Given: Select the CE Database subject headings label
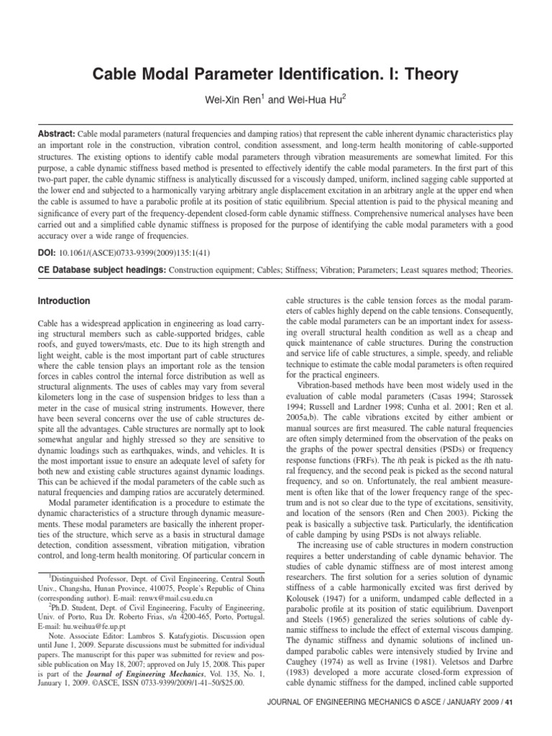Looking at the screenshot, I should (x=101, y=270).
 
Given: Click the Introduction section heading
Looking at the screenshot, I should (x=64, y=301).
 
